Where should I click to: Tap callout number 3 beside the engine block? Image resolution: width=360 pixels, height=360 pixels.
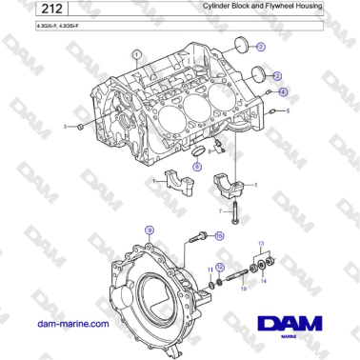[66, 126]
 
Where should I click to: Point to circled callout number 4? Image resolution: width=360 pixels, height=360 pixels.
[283, 91]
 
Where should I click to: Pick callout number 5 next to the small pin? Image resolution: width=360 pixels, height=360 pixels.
[289, 111]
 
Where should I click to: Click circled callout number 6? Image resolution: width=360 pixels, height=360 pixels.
[197, 166]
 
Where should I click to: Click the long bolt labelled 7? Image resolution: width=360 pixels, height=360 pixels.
[235, 209]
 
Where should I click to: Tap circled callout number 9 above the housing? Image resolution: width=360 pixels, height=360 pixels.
[148, 231]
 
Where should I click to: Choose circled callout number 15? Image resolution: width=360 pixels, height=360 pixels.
[219, 235]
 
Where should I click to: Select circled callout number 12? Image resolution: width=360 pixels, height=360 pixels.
[220, 268]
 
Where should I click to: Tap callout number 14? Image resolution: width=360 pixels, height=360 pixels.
[264, 283]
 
